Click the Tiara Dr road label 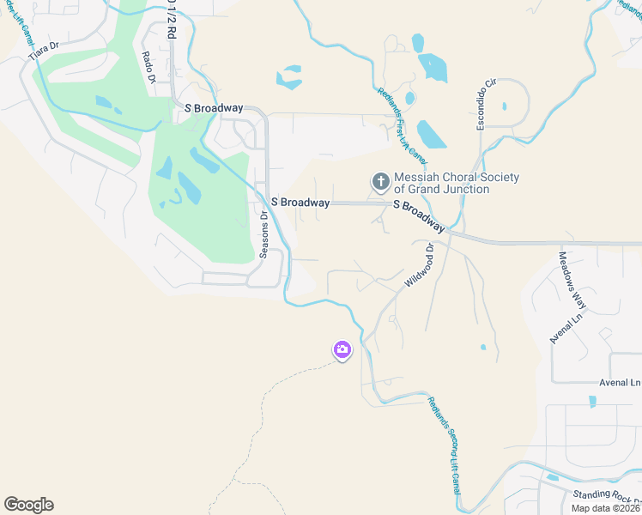pos(43,51)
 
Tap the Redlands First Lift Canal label pos(403,125)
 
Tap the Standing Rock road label pos(606,497)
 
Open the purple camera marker pos(342,349)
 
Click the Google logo pos(28,505)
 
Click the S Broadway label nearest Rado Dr pos(214,109)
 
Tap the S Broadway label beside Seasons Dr pos(300,203)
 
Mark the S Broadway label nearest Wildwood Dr pos(419,216)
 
